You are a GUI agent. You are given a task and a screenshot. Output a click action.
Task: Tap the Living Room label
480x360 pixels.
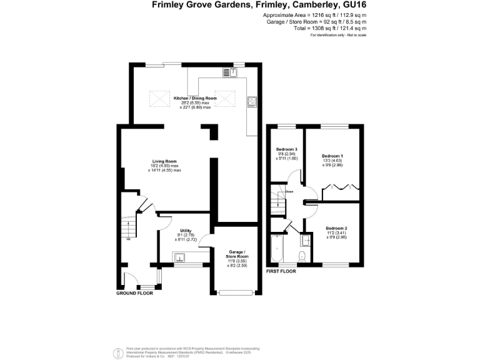[x=164, y=161]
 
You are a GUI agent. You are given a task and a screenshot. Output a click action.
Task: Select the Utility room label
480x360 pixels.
[x=186, y=231]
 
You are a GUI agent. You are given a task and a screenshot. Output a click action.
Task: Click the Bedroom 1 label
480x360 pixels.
[x=332, y=155]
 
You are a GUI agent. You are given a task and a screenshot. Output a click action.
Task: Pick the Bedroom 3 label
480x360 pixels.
[x=286, y=149]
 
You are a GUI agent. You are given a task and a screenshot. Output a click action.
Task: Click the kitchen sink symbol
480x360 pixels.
[x=230, y=72]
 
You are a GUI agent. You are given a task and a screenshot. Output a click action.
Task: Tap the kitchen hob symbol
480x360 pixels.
[x=252, y=101]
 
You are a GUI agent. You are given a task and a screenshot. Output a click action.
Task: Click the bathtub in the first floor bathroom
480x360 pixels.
[x=277, y=251]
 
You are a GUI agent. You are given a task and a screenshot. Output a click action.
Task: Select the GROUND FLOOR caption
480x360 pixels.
[x=135, y=292]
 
